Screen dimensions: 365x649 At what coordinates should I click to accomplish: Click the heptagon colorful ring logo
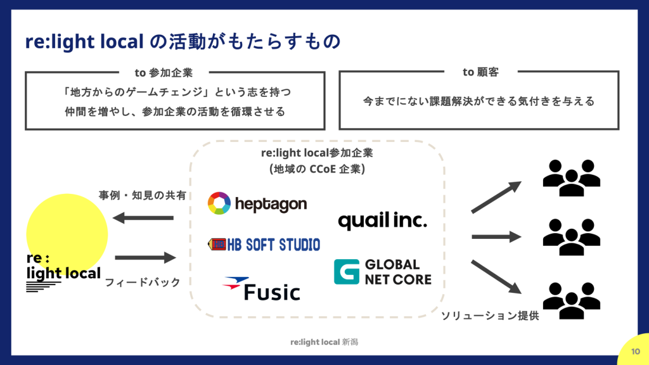tap(220, 204)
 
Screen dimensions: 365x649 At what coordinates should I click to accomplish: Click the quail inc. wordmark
tap(382, 221)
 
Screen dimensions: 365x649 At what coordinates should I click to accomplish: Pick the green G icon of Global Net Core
tap(347, 271)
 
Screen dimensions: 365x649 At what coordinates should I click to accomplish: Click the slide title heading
tap(183, 42)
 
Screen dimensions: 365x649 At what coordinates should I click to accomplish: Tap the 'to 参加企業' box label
tap(164, 72)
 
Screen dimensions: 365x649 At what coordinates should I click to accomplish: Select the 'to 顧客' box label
tap(480, 72)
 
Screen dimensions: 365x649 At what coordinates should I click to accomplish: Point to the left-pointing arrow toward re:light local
tap(143, 218)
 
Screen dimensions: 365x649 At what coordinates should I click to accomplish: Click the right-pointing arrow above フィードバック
tap(145, 258)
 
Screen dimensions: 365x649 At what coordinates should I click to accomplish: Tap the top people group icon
tap(571, 177)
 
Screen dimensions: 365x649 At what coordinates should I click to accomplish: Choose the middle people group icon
tap(571, 236)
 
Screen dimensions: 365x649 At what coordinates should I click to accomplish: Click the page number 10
tap(636, 352)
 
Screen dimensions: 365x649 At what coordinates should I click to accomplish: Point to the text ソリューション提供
tap(490, 316)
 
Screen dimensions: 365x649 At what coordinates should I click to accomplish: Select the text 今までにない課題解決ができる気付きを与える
tap(479, 101)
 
